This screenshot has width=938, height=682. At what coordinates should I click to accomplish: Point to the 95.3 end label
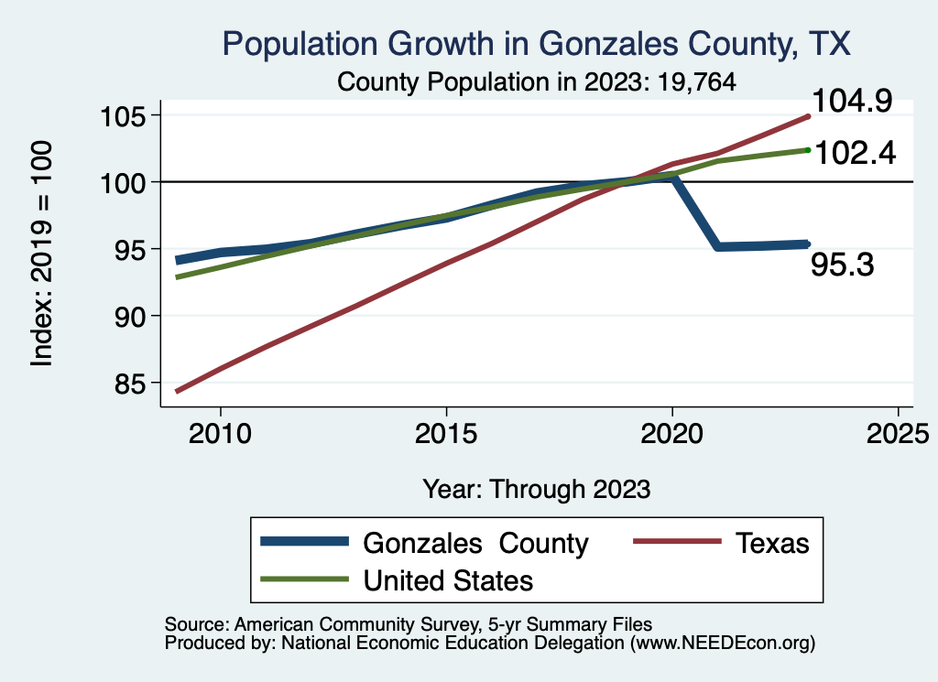(x=843, y=265)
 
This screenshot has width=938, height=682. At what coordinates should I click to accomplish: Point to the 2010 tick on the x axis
(x=220, y=432)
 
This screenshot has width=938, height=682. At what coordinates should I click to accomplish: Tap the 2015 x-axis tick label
(x=446, y=432)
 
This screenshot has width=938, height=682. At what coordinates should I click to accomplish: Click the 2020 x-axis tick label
(x=672, y=432)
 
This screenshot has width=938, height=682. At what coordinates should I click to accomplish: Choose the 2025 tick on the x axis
(x=898, y=432)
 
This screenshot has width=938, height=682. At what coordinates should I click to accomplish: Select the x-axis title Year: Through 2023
(x=537, y=489)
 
